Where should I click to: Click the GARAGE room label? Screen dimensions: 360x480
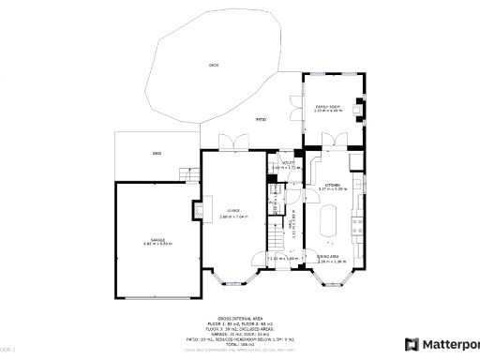158,240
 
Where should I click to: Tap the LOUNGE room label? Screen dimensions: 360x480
232,210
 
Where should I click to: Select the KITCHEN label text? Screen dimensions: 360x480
333,186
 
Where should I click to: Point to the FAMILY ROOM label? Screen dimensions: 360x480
327,107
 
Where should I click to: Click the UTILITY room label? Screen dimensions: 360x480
290,163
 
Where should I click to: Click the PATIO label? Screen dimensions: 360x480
263,119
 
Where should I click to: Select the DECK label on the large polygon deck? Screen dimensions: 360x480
214,65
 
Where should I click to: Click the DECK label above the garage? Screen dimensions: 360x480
157,152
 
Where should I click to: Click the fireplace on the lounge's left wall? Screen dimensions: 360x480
198,210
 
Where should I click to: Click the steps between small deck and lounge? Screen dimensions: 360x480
190,173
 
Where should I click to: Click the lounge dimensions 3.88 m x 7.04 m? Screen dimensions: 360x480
232,217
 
